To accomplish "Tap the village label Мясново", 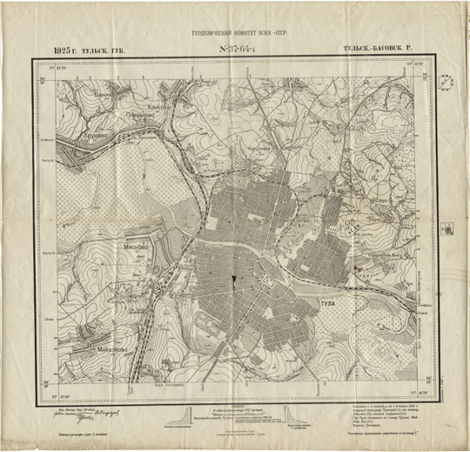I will (140, 246).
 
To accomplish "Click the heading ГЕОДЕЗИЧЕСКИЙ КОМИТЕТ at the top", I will (235, 35).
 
